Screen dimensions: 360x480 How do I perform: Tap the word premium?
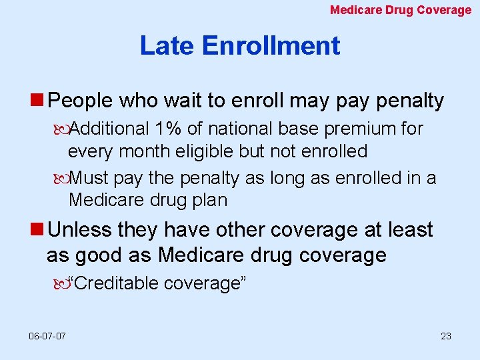click(x=361, y=128)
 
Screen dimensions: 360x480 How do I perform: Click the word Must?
click(x=89, y=178)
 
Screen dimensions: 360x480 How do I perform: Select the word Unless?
click(x=80, y=230)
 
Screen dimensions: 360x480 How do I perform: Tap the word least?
click(x=409, y=230)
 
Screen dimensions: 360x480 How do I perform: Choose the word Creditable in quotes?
click(x=118, y=283)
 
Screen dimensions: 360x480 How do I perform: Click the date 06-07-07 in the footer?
click(x=47, y=336)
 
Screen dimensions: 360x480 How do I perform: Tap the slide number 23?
click(x=446, y=336)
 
